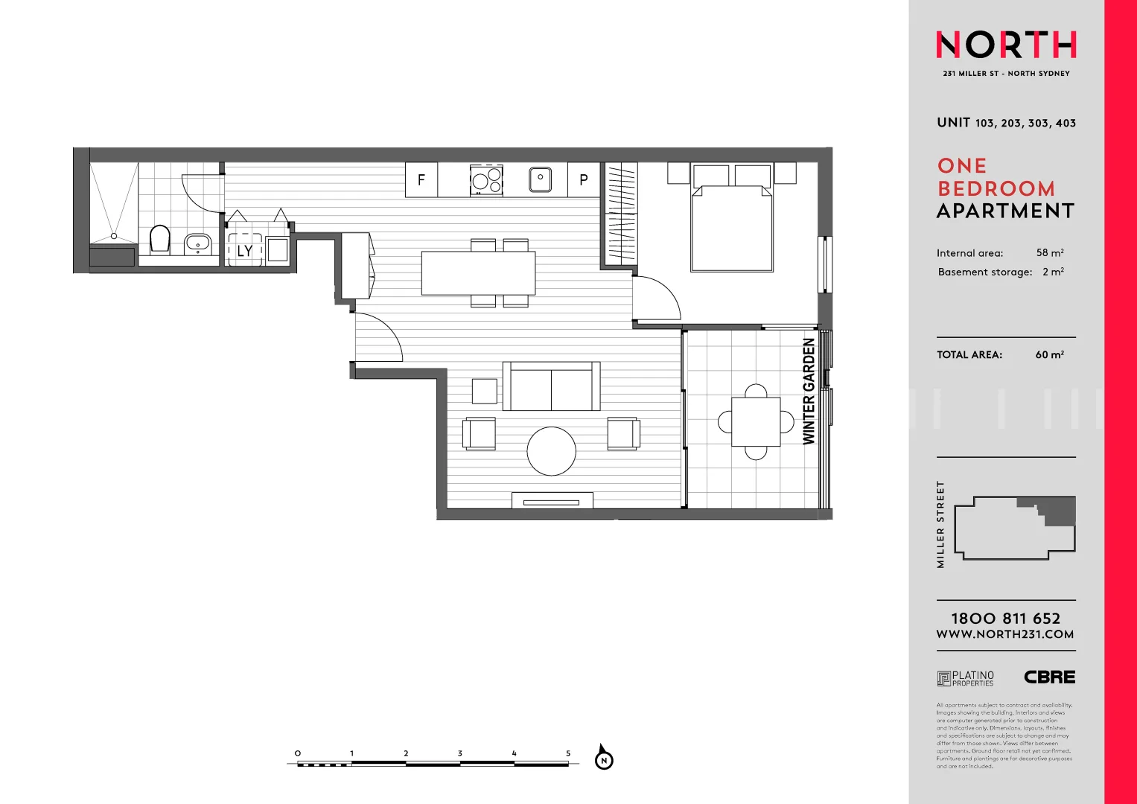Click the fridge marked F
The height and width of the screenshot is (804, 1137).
pyautogui.click(x=421, y=179)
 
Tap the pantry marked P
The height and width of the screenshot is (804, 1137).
pyautogui.click(x=584, y=179)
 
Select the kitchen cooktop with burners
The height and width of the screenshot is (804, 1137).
pyautogui.click(x=487, y=179)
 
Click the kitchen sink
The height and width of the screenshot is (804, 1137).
pyautogui.click(x=540, y=179)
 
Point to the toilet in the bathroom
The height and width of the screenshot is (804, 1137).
pyautogui.click(x=160, y=239)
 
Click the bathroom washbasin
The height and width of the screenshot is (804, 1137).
pyautogui.click(x=197, y=243)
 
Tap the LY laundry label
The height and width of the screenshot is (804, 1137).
pyautogui.click(x=245, y=251)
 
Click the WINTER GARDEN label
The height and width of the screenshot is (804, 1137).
pyautogui.click(x=809, y=392)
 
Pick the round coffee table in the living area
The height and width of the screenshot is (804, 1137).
pyautogui.click(x=552, y=451)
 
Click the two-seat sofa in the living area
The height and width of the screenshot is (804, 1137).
pyautogui.click(x=551, y=387)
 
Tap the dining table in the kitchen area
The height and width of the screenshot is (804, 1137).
pyautogui.click(x=478, y=273)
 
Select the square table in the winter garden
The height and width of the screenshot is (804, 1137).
pyautogui.click(x=756, y=422)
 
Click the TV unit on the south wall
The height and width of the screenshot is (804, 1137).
pyautogui.click(x=552, y=501)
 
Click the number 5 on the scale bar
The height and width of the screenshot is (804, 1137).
pyautogui.click(x=568, y=753)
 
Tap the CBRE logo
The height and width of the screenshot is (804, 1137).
pyautogui.click(x=1049, y=677)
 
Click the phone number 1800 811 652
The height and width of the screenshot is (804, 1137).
pyautogui.click(x=1005, y=619)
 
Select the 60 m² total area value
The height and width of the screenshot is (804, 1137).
pyautogui.click(x=1049, y=355)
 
